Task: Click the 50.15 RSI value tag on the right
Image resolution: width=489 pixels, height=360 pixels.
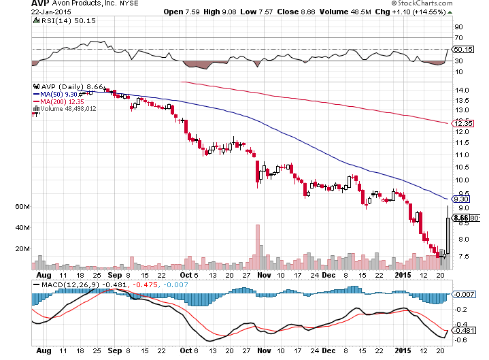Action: pos(464,49)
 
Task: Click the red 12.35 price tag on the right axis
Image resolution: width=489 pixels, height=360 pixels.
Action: pos(464,123)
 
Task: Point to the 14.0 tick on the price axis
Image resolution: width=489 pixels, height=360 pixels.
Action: pos(464,90)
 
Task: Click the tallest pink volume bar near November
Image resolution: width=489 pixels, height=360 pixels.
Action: pos(258,248)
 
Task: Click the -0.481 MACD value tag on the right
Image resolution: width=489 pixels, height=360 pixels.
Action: pos(464,331)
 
